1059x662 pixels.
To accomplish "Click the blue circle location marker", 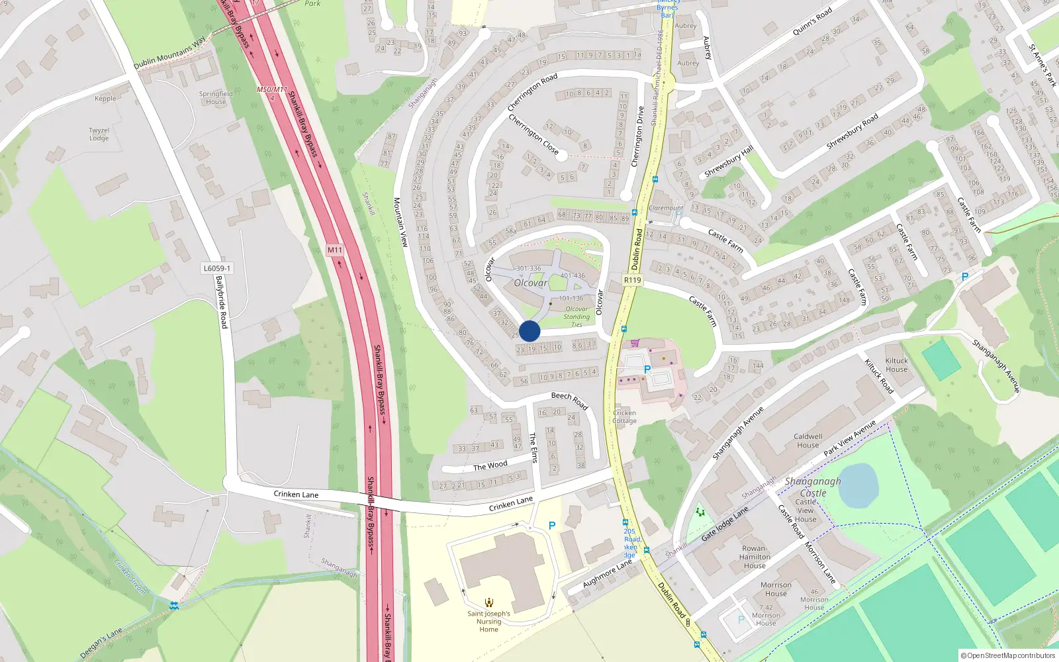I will coord(529,331).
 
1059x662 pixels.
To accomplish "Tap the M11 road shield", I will coord(335,250).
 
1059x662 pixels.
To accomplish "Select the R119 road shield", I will coord(632,280).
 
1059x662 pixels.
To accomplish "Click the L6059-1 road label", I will coord(217,268).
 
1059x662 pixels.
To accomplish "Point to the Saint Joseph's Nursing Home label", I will coord(488,621).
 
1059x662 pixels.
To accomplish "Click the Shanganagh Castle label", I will coord(813,487).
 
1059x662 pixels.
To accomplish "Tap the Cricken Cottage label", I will coord(624,416).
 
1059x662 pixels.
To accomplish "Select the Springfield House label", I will coord(216,97).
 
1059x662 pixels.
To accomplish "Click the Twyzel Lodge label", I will coord(99,134).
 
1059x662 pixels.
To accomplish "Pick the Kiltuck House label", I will coord(897,365).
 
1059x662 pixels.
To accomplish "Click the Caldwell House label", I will coord(808,440).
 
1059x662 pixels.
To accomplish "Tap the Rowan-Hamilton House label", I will coord(755,557).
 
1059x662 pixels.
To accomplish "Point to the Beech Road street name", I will coord(570,400).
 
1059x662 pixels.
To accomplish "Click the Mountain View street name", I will coord(400,222).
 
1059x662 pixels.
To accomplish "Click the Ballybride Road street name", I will coord(221,302).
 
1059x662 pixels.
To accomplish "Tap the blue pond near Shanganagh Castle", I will coord(858,485).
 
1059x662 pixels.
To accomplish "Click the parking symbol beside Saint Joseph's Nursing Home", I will coord(552,526).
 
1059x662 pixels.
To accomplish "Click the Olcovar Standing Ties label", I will coord(576,316).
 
